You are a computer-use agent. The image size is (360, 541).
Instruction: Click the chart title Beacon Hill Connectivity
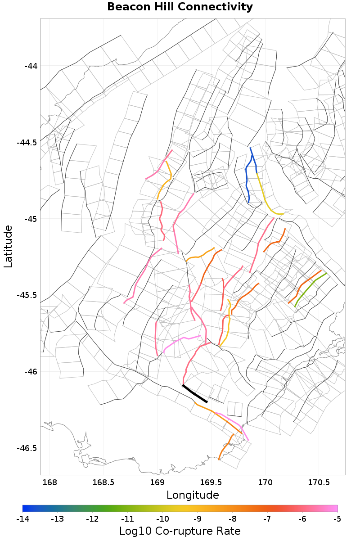pyautogui.click(x=180, y=7)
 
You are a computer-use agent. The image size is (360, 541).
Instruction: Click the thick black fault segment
pyautogui.click(x=194, y=394)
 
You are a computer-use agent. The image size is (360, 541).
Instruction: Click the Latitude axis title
pyautogui.click(x=8, y=247)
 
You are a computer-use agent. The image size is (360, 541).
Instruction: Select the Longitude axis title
pyautogui.click(x=193, y=495)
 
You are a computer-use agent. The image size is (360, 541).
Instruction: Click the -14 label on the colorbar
pyautogui.click(x=22, y=519)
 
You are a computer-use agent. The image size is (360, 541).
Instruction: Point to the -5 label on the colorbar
pyautogui.click(x=337, y=519)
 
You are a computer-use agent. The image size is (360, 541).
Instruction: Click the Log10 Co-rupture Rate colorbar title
pyautogui.click(x=180, y=531)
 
